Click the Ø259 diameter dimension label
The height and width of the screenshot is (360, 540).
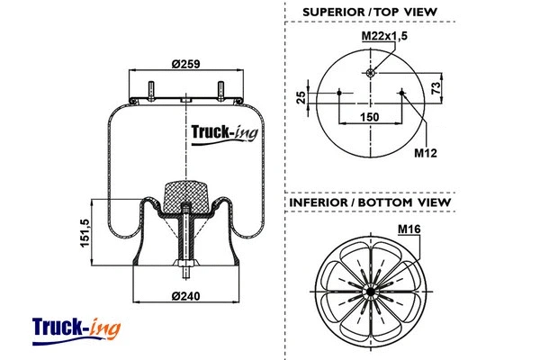pos(185,63)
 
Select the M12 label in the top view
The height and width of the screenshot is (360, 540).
pos(425,153)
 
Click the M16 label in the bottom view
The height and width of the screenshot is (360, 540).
pos(409,229)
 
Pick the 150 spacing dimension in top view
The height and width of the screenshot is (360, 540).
pos(370,117)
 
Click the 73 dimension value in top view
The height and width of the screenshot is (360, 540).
pos(436,88)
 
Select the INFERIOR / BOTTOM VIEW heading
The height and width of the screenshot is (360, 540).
pos(369,203)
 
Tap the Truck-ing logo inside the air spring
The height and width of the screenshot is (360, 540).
pos(224,134)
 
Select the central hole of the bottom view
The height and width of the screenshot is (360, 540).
pos(370,293)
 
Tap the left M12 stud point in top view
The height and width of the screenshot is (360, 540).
pos(338,91)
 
